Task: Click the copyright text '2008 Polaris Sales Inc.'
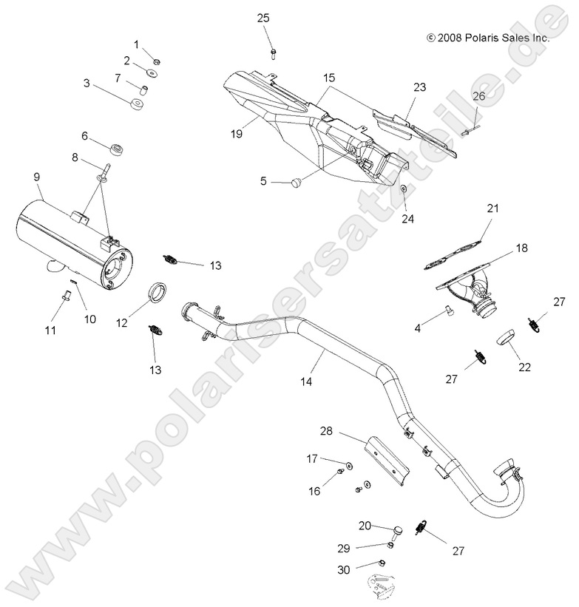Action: [487, 37]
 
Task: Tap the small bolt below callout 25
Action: [274, 52]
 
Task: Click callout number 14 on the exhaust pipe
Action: [305, 381]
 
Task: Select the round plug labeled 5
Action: [294, 181]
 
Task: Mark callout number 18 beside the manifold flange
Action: [521, 249]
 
